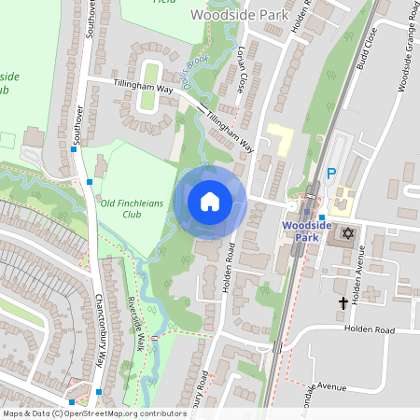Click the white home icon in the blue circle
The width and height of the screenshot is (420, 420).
coord(210,201)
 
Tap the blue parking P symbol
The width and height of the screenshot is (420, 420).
coord(331,174)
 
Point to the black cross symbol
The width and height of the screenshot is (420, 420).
coord(343,302)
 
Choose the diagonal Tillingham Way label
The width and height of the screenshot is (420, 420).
coord(230,133)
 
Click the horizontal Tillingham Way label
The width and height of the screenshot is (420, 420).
coord(145,88)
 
